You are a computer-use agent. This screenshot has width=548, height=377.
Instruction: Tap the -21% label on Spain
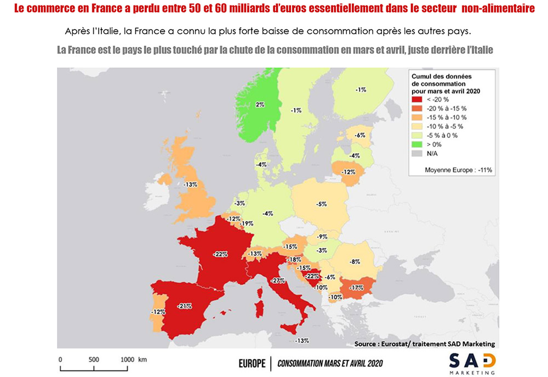(x=184, y=306)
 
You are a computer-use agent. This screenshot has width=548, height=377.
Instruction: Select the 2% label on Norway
(x=260, y=104)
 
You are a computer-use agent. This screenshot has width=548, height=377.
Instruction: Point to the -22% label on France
(x=221, y=255)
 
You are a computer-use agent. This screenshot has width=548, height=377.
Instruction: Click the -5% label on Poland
(x=322, y=204)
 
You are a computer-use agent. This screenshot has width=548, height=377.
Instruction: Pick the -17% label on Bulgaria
(x=357, y=287)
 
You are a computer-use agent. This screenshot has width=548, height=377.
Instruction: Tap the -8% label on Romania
(x=355, y=261)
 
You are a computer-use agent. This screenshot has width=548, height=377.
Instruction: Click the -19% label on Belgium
(x=247, y=223)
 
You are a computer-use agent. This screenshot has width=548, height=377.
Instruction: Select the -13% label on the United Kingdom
(x=190, y=184)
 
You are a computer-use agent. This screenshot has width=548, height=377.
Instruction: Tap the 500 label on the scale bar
(x=94, y=359)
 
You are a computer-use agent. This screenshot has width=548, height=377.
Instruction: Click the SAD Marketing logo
(x=472, y=363)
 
